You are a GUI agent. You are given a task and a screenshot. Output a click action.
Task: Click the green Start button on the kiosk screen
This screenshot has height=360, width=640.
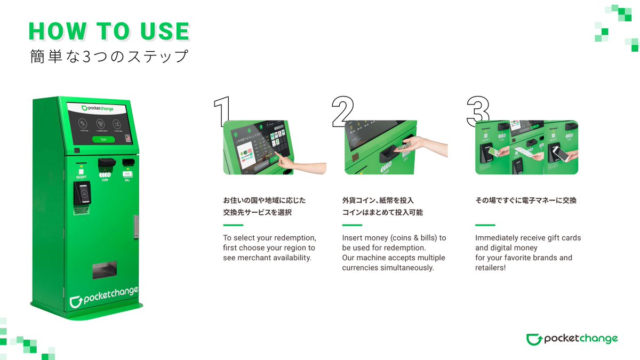[x=103, y=139]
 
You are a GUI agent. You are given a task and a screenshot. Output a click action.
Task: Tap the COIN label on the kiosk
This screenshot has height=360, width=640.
[x=105, y=179]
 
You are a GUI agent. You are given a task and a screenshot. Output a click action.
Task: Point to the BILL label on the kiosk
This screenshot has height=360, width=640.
[x=127, y=179]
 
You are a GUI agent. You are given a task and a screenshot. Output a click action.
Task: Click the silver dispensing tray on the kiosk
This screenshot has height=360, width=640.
[x=104, y=270]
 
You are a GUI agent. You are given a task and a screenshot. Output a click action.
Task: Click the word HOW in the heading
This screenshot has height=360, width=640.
[x=55, y=32]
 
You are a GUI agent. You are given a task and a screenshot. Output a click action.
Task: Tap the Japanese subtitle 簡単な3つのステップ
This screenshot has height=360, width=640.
[x=109, y=56]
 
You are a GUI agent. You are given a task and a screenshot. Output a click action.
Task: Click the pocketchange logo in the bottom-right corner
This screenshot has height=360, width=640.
[x=572, y=339]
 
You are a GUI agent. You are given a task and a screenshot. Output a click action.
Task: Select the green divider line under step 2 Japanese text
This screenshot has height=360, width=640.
[x=352, y=225]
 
